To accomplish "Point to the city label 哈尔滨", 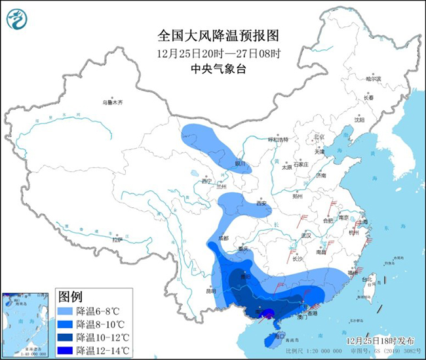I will click(x=373, y=79).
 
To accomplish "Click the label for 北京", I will click(x=319, y=137).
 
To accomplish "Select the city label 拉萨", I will click(x=117, y=240).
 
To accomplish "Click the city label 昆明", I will click(x=210, y=290).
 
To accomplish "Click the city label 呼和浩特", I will click(x=280, y=140).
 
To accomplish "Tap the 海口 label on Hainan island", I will click(x=281, y=336).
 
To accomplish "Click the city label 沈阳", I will click(x=358, y=120).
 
